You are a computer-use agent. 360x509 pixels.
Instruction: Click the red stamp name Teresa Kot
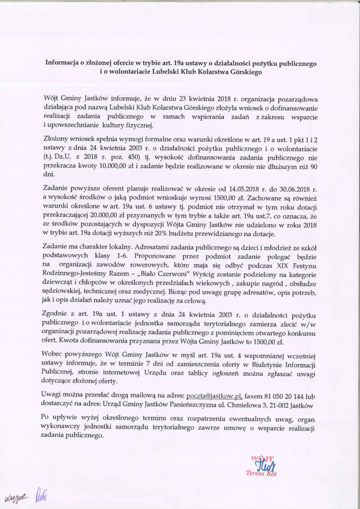pyautogui.click(x=261, y=474)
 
